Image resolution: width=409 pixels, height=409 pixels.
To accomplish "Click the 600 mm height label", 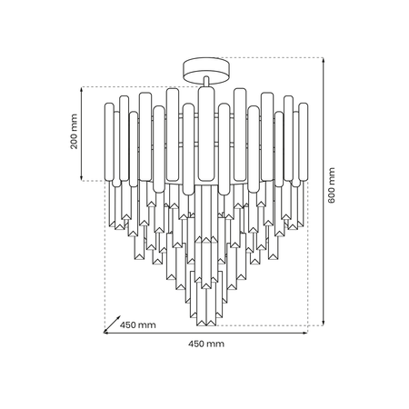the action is (332, 185).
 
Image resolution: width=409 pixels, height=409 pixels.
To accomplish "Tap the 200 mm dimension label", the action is (74, 132).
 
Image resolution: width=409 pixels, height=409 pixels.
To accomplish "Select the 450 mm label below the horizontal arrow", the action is (206, 344).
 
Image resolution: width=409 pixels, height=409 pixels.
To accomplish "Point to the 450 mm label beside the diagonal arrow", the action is (138, 325).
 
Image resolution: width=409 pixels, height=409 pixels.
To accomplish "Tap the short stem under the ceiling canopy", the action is (206, 82).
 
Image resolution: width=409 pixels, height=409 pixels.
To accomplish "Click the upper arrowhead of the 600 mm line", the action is (324, 60).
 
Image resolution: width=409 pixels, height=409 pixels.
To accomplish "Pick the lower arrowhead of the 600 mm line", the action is (324, 324).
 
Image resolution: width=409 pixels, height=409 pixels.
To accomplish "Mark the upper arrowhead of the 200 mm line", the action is (82, 89).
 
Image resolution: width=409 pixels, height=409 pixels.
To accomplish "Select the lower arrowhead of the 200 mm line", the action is (82, 178).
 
